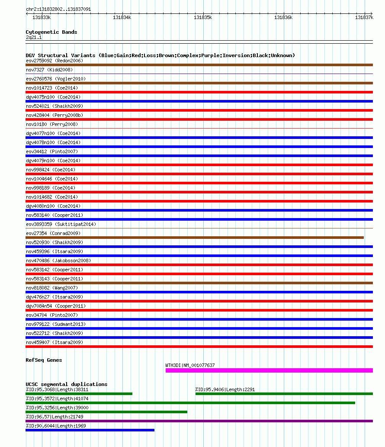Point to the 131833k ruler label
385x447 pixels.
tap(42, 17)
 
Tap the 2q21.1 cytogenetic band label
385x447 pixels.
tap(34, 38)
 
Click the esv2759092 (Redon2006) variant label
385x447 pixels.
tap(55, 61)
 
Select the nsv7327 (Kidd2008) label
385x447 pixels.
tap(49, 70)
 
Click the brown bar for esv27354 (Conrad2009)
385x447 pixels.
tap(195, 238)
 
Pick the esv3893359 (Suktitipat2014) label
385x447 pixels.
tap(61, 224)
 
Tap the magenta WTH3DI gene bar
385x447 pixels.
tap(269, 370)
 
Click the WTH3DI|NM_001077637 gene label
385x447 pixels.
tap(190, 365)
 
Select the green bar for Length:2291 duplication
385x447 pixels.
tap(284, 394)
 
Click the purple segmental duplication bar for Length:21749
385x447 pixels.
tap(199, 421)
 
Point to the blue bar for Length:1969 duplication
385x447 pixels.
tap(90, 430)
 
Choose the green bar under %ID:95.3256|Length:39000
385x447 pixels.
tap(106, 412)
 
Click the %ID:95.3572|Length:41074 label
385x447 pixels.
tap(57, 399)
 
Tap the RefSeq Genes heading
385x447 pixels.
tap(44, 360)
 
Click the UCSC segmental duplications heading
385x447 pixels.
tap(67, 384)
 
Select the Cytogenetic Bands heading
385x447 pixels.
tap(51, 32)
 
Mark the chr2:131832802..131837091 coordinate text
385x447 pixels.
tap(58, 9)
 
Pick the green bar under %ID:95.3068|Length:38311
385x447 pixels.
tap(79, 394)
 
